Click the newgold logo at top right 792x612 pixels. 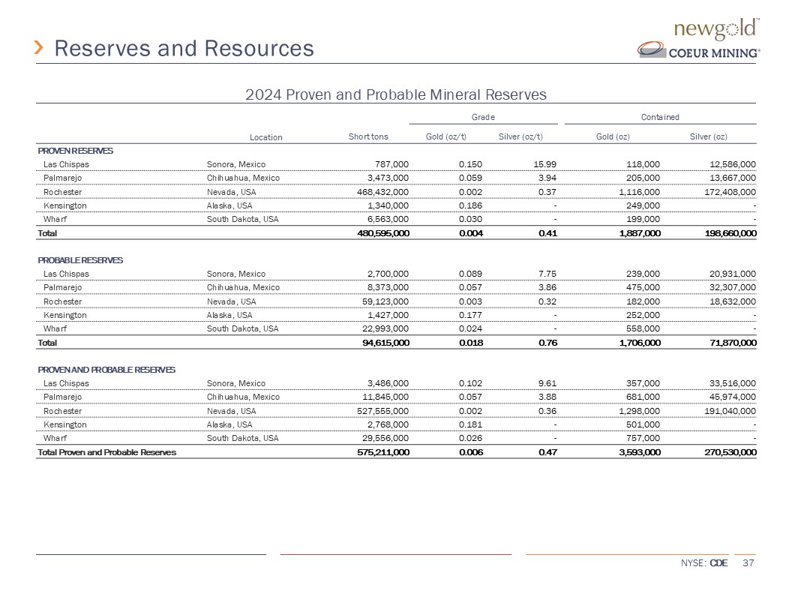coord(718,29)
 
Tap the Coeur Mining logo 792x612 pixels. coord(699,51)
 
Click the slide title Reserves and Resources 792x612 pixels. coord(184,49)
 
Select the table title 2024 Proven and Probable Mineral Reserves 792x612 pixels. coord(396,94)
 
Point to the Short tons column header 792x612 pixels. coord(368,136)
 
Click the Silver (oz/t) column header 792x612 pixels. coord(520,136)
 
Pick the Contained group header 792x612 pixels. coord(660,117)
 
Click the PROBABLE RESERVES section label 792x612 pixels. coord(80,260)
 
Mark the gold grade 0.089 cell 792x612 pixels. coord(471,274)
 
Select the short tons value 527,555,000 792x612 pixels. coord(379,411)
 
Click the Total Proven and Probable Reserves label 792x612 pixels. coord(107,452)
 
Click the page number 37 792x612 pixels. coord(747,563)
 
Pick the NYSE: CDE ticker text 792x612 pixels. coord(703,563)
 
